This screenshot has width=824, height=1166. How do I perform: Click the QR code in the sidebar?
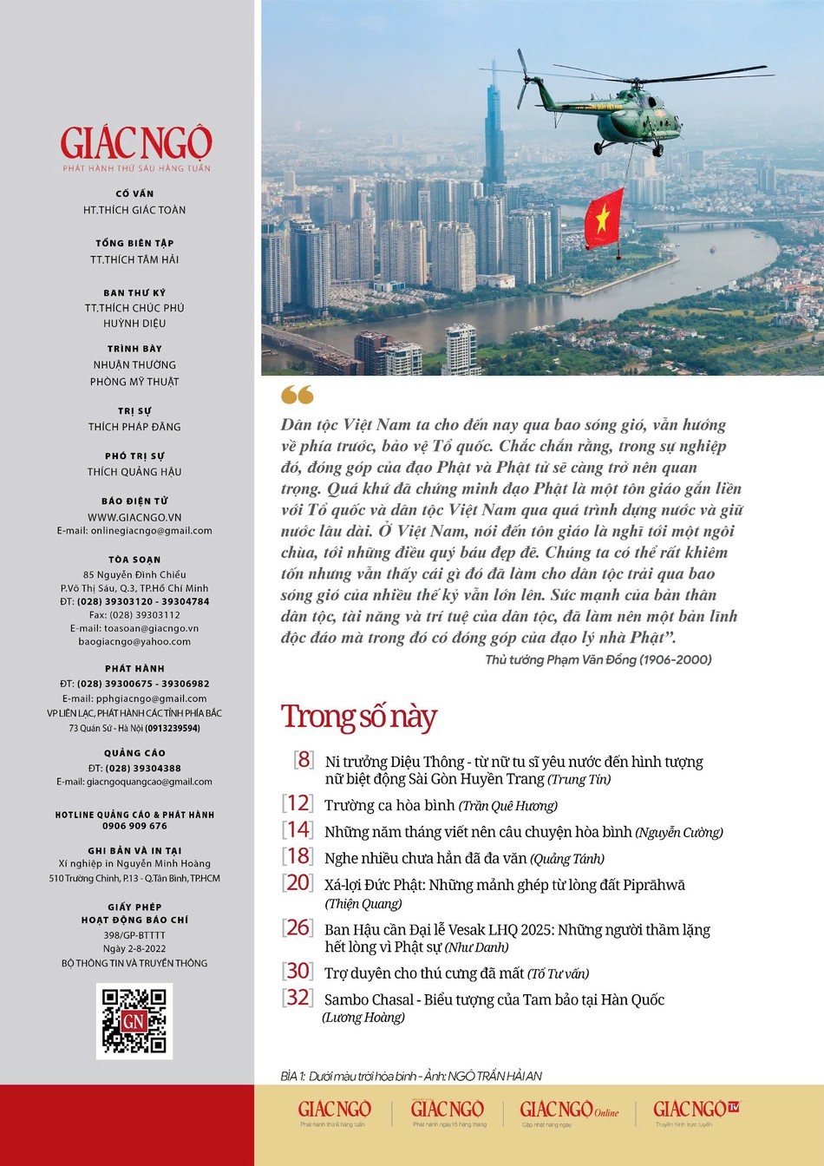coord(134,1020)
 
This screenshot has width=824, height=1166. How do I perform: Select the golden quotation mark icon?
coord(297,396)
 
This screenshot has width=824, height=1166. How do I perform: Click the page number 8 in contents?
coord(303,760)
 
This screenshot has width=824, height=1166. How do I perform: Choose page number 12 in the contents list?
coord(298,803)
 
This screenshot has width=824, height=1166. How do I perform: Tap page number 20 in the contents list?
coord(298,882)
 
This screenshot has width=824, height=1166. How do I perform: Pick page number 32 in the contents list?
coord(298,998)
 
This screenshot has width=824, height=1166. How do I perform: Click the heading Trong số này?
coord(358,717)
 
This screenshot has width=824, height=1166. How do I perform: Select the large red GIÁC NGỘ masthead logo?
coord(136,143)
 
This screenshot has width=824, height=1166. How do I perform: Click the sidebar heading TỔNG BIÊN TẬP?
coord(134,243)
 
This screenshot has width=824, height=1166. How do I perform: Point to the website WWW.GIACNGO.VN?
coord(134,517)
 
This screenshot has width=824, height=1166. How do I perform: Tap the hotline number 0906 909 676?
coord(134,826)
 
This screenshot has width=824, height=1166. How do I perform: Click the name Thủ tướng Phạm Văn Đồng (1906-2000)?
coord(598,659)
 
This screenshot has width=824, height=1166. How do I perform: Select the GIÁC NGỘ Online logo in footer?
coord(568,1110)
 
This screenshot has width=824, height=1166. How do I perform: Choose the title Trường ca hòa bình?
coord(389,805)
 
